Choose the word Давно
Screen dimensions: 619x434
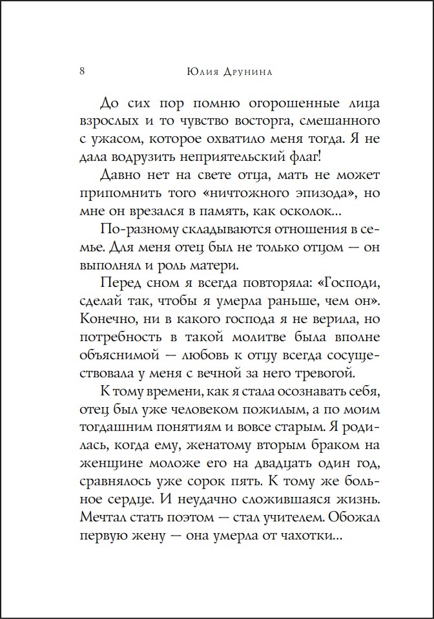(121, 176)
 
